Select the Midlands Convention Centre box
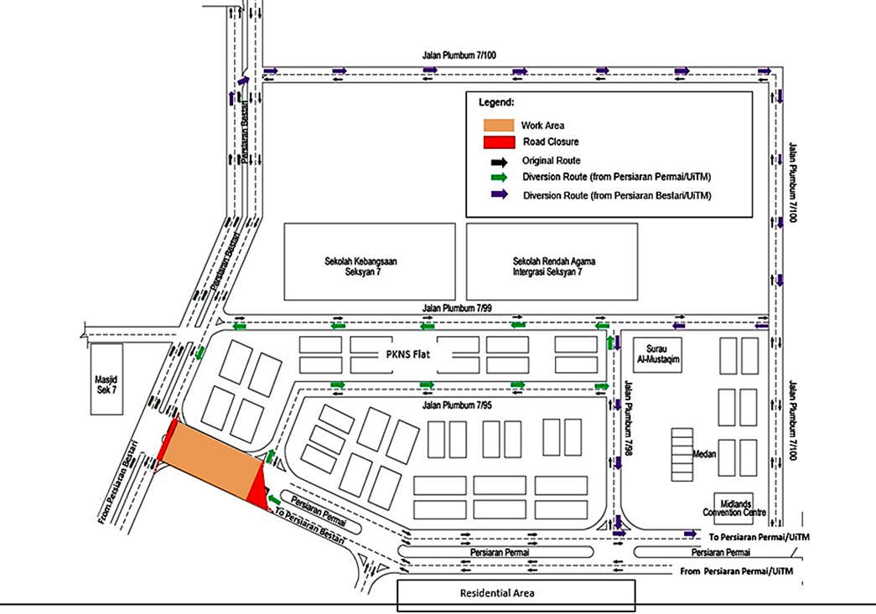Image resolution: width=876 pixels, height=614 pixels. click(x=739, y=508)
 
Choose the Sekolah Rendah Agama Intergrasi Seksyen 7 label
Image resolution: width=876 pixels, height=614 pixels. click(x=555, y=266)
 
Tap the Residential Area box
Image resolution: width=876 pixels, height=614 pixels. click(x=515, y=594)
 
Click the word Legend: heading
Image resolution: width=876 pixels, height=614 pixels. click(x=496, y=102)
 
